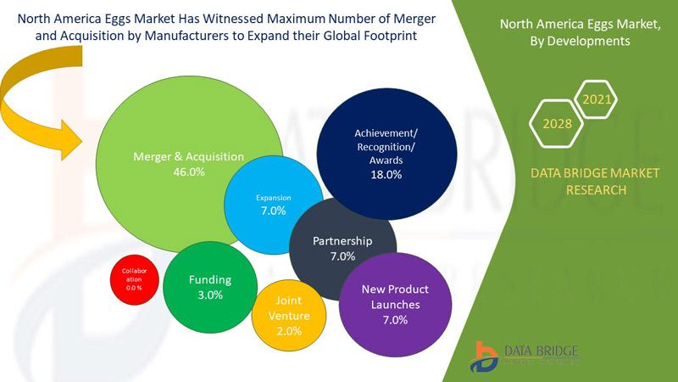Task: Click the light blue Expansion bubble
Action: [x=272, y=205]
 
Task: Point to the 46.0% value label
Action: [x=188, y=171]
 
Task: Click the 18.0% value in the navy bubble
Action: [x=386, y=174]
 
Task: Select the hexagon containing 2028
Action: [x=557, y=124]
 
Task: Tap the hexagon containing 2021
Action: [x=597, y=100]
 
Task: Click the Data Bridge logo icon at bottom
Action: [x=486, y=352]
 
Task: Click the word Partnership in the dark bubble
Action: [x=342, y=241]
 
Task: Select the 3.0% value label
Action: [x=209, y=295]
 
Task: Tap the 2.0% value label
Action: [x=289, y=331]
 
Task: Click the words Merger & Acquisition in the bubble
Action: [x=188, y=156]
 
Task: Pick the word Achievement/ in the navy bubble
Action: [x=386, y=133]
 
